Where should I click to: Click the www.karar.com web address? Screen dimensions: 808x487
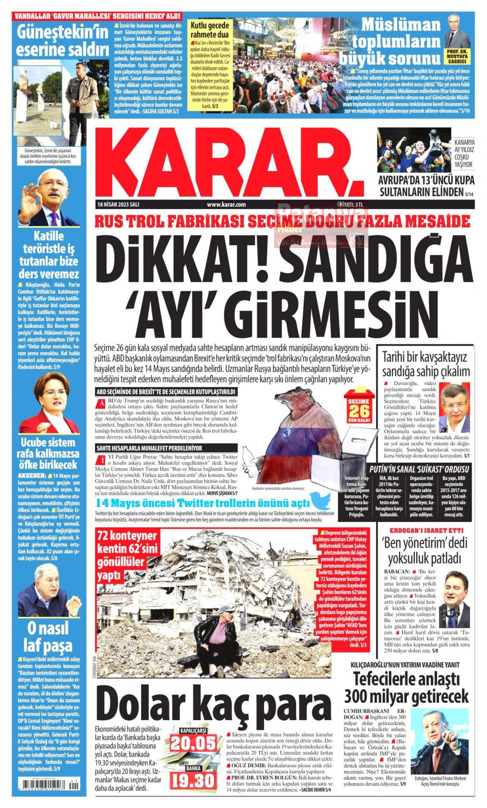tap(226, 205)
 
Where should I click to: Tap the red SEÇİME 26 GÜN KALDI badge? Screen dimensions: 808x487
tap(359, 406)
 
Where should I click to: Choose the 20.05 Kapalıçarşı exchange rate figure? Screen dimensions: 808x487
tap(193, 742)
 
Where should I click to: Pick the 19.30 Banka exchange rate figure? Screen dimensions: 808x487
tap(193, 780)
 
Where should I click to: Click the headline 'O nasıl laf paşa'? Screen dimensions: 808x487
tap(48, 636)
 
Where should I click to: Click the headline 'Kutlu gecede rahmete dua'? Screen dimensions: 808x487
tap(210, 30)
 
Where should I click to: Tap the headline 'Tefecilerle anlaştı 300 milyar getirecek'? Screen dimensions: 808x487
tap(406, 687)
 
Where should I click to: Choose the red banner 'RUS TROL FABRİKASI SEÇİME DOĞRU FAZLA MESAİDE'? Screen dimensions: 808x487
tap(283, 221)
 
